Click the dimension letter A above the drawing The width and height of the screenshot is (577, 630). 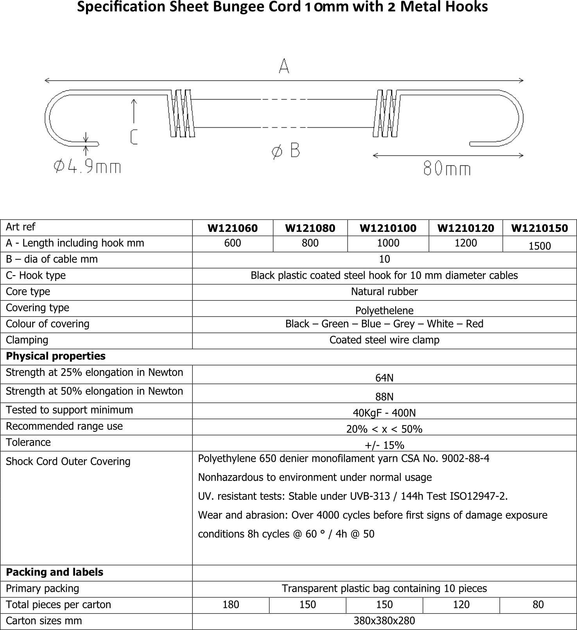point(284,66)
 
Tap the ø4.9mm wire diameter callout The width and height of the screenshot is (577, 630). point(87,167)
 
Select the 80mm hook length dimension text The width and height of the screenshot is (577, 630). point(447,169)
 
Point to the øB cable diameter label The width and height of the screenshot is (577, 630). point(286,151)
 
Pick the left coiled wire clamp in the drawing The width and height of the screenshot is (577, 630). point(182,113)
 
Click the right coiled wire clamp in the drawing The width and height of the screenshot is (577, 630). point(387,113)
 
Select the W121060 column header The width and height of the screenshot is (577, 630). point(233,228)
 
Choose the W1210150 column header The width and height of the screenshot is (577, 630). point(539,228)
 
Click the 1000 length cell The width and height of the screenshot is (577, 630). point(388,243)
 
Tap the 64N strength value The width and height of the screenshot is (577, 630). point(384,378)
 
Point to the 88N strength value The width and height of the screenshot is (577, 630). point(384,396)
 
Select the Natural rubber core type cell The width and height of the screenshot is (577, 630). point(384,292)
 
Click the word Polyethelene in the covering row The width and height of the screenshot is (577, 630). point(384,310)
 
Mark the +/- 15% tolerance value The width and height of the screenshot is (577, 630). point(384,445)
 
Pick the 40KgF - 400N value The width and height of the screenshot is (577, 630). point(384,413)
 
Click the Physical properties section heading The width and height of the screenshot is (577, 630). point(56,356)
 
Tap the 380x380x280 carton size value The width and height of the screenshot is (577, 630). point(384,621)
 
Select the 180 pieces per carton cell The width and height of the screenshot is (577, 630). point(231,605)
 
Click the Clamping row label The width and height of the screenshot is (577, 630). point(27,340)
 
